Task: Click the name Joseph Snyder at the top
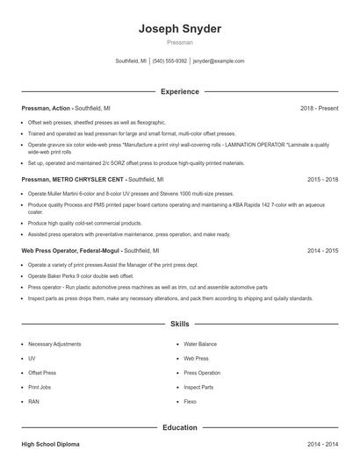pyautogui.click(x=180, y=28)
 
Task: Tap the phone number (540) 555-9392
pyautogui.click(x=169, y=61)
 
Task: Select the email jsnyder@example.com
pyautogui.click(x=219, y=61)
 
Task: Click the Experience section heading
pyautogui.click(x=180, y=91)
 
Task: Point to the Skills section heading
pyautogui.click(x=180, y=324)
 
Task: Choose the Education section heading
pyautogui.click(x=180, y=427)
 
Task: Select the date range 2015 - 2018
pyautogui.click(x=322, y=178)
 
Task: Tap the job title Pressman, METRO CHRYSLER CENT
pyautogui.click(x=73, y=178)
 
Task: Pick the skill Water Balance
pyautogui.click(x=200, y=345)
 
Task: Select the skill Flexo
pyautogui.click(x=190, y=401)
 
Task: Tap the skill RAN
pyautogui.click(x=33, y=401)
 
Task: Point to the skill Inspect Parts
pyautogui.click(x=198, y=387)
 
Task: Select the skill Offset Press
pyautogui.click(x=42, y=373)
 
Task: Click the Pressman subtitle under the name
pyautogui.click(x=180, y=42)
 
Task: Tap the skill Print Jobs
pyautogui.click(x=40, y=387)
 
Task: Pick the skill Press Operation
pyautogui.click(x=202, y=373)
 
